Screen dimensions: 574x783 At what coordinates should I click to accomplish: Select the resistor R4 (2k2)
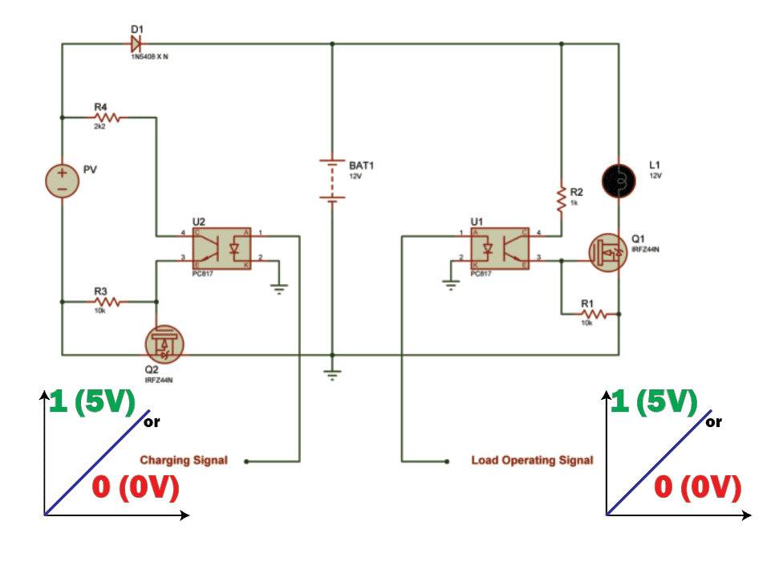coord(107,117)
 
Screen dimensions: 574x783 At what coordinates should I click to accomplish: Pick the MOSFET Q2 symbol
coord(165,343)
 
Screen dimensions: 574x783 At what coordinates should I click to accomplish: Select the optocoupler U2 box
coord(221,249)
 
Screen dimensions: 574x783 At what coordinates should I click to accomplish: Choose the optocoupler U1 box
coord(499,249)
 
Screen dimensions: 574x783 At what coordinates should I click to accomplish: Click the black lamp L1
coord(619,181)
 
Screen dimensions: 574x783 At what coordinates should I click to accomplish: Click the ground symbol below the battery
coord(331,374)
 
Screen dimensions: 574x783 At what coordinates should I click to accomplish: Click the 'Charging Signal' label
coord(184,460)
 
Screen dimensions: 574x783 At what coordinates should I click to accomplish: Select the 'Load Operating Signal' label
coord(532,460)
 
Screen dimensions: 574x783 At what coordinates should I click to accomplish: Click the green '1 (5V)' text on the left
coord(92,402)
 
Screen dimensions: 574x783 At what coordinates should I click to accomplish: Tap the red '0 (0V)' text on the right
coord(696,487)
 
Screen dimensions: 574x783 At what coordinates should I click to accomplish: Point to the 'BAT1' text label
coord(361,165)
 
